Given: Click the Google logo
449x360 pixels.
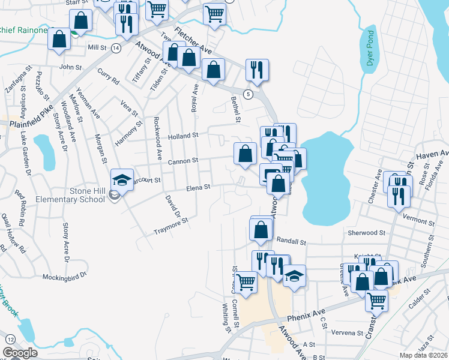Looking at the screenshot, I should pyautogui.click(x=20, y=353).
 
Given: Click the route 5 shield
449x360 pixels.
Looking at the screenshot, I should pyautogui.click(x=247, y=93).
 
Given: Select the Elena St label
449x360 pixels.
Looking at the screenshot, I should pyautogui.click(x=198, y=188).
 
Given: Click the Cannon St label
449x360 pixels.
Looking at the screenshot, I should pyautogui.click(x=183, y=161).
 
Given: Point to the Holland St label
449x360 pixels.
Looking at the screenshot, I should pyautogui.click(x=183, y=136).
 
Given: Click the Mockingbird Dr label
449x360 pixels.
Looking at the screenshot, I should pyautogui.click(x=65, y=277).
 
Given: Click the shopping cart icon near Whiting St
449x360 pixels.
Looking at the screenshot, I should pyautogui.click(x=245, y=281).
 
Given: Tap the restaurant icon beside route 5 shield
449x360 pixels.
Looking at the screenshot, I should pyautogui.click(x=257, y=70).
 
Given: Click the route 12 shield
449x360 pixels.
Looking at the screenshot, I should pyautogui.click(x=10, y=340).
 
